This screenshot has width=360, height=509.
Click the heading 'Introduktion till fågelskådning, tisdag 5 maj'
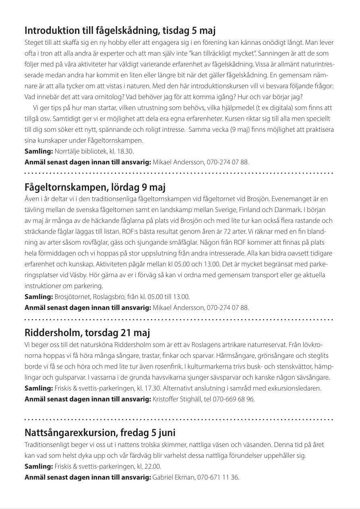121,30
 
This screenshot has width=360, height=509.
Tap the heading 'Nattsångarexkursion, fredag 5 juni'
100,434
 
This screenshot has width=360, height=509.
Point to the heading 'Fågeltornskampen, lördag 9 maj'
95,187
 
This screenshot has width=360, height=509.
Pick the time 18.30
126,152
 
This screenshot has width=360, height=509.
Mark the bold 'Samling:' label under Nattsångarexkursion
39,467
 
